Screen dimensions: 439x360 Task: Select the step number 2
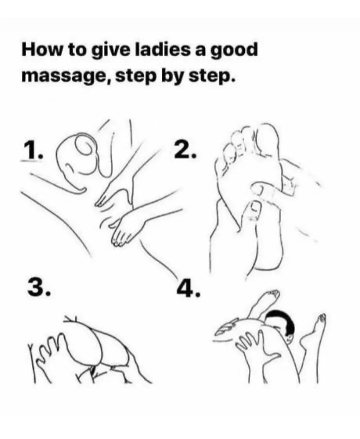click(x=186, y=150)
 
